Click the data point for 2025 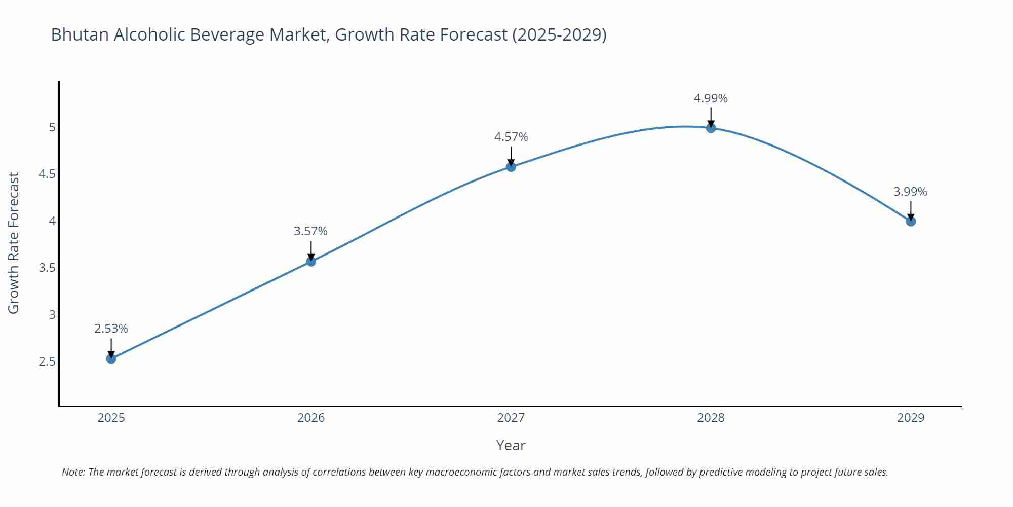click(111, 358)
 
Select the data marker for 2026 click(311, 261)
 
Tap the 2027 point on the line click(511, 166)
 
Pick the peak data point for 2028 click(711, 128)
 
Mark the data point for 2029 click(911, 221)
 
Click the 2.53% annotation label click(111, 329)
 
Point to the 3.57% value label click(311, 231)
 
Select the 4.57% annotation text click(511, 137)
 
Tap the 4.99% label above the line click(711, 98)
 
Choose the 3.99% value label click(910, 192)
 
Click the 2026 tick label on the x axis click(311, 418)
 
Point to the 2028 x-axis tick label click(711, 418)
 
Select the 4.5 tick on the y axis click(47, 174)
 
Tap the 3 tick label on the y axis click(52, 315)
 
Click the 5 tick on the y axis click(52, 127)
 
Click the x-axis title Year click(511, 445)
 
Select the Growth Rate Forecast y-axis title click(14, 243)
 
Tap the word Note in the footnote click(73, 472)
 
